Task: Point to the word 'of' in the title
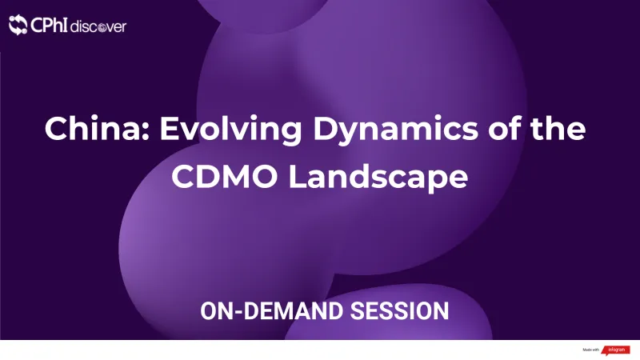coord(487,128)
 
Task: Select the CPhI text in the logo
coord(49,26)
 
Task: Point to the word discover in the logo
coord(98,26)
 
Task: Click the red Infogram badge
coord(616,350)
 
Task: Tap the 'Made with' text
coord(591,350)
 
